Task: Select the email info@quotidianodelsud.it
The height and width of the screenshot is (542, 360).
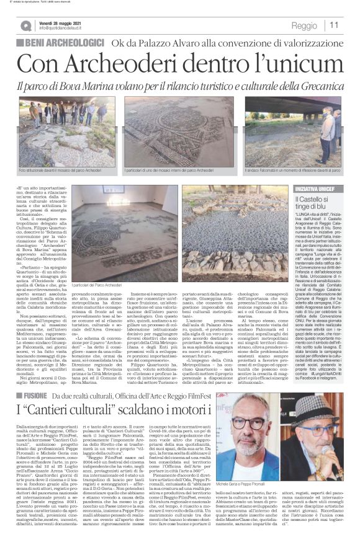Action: (63, 28)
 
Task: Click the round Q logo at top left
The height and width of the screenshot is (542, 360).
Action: (25, 25)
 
